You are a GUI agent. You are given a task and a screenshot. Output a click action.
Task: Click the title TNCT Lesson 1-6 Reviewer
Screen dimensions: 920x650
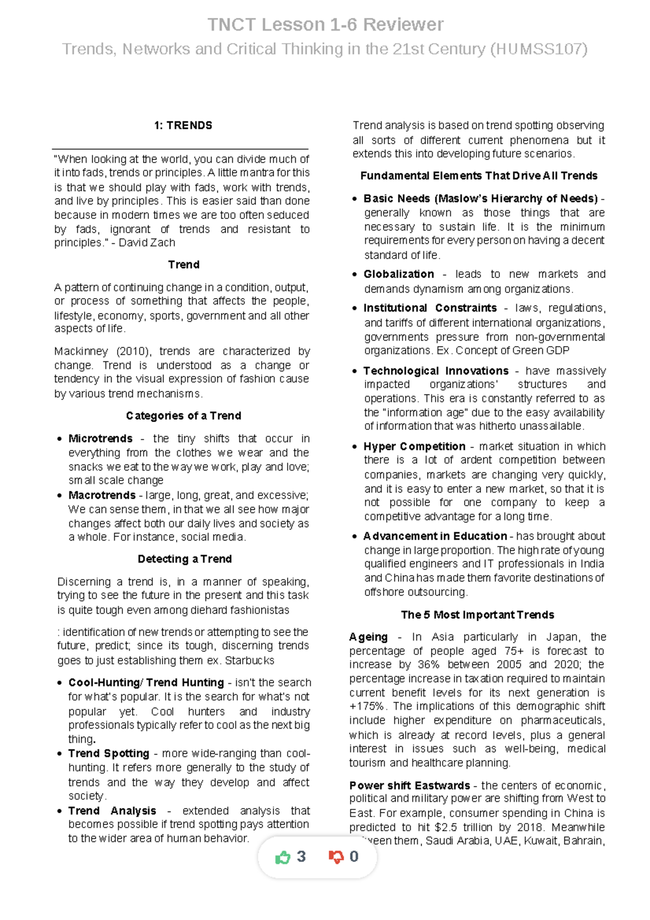pos(325,24)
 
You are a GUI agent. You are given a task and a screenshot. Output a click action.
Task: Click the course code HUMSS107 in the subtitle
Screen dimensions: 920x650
pos(539,49)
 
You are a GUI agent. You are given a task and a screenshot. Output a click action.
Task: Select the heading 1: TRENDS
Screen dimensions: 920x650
pos(183,126)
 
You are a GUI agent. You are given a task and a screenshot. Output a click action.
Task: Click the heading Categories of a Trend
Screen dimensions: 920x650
pos(183,416)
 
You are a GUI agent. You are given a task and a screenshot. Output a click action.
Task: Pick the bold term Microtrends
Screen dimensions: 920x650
pos(100,438)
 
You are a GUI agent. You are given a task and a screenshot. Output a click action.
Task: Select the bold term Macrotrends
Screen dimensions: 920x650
pos(102,495)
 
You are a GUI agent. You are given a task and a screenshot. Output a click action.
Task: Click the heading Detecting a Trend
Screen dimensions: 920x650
pos(184,559)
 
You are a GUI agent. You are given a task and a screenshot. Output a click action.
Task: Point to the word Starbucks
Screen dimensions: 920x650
pos(249,660)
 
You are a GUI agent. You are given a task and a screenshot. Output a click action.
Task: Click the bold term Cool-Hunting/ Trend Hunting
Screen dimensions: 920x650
pos(146,682)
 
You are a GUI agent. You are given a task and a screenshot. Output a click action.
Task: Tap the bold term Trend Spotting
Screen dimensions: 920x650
pos(108,753)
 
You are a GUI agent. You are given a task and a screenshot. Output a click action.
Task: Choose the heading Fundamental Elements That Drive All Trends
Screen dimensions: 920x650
pos(478,176)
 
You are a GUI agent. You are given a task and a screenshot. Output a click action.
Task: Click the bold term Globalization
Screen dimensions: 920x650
pos(398,274)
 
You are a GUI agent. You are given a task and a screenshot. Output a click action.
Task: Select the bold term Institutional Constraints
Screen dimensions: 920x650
pos(430,308)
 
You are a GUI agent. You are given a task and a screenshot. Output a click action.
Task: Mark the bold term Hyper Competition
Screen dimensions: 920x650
pos(414,446)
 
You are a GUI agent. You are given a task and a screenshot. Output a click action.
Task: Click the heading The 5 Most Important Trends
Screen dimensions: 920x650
pos(477,614)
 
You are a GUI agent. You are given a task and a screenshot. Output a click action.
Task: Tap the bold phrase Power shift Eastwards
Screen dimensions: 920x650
pos(409,785)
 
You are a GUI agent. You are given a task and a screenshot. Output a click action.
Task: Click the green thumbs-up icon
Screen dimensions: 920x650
pos(283,857)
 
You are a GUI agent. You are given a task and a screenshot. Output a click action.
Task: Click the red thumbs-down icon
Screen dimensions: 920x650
pos(336,857)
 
